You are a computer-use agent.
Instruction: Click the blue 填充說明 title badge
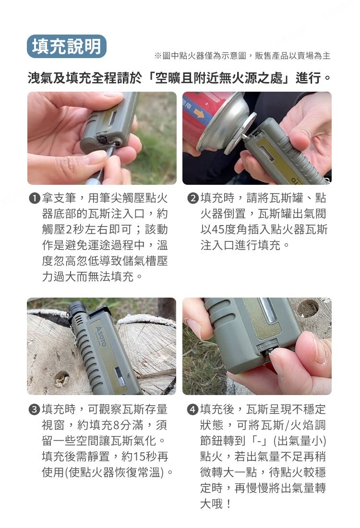point(67,46)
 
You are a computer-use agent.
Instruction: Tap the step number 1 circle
point(35,198)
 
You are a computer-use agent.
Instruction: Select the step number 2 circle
point(193,198)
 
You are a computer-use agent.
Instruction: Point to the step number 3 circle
point(35,410)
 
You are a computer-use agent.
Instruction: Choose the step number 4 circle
point(193,410)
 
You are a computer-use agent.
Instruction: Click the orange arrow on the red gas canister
point(199,113)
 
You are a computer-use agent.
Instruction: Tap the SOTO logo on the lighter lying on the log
point(101,336)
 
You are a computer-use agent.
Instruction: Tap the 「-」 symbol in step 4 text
point(260,441)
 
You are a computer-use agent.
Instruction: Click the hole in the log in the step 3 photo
point(61,379)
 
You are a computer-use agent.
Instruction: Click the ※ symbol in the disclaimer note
point(158,56)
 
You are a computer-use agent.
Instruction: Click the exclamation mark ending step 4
point(228,504)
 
